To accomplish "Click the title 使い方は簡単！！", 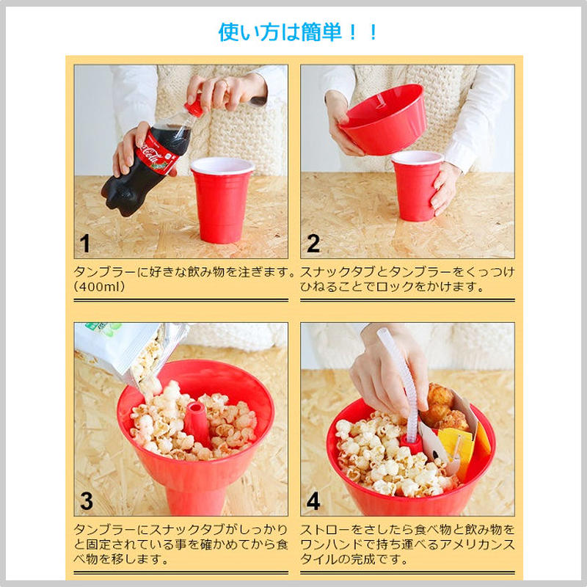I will coord(299,32).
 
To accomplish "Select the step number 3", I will coord(87,502).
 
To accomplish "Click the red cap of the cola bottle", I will coord(194,108).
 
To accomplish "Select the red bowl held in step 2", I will coord(383,119).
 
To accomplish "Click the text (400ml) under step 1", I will coord(101,287).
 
